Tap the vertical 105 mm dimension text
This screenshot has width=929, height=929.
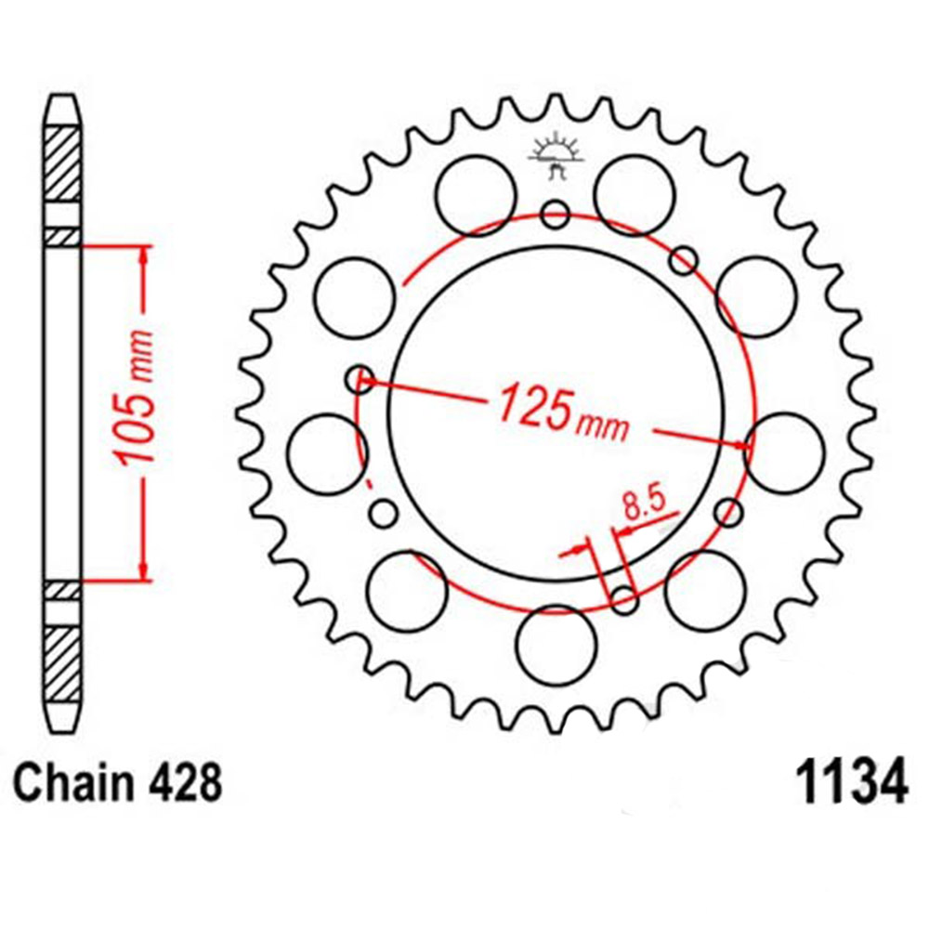pyautogui.click(x=134, y=398)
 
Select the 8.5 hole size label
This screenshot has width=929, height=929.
pyautogui.click(x=643, y=507)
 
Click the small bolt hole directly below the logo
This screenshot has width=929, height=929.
pyautogui.click(x=556, y=215)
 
